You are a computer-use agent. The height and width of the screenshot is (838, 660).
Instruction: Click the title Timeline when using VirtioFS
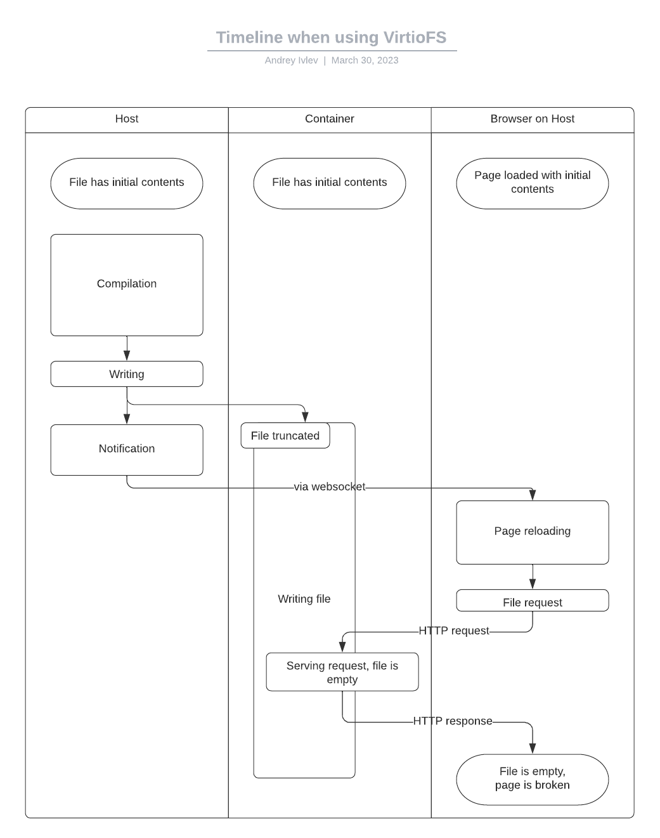331,37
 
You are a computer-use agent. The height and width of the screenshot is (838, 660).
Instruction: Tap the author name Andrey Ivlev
291,60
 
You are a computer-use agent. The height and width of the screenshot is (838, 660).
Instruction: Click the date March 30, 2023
365,60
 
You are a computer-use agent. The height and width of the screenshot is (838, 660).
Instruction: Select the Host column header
127,119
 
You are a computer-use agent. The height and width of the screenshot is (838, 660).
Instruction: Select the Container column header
330,119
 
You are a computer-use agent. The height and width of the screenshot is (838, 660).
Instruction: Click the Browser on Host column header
533,119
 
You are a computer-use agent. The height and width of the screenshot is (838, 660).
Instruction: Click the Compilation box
127,284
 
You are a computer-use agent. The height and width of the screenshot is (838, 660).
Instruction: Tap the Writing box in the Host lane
127,374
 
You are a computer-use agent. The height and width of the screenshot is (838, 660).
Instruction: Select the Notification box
127,449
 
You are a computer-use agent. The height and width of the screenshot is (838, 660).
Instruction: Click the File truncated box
285,436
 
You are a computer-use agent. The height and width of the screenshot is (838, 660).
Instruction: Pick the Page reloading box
533,532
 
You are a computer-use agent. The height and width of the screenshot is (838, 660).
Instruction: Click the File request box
533,601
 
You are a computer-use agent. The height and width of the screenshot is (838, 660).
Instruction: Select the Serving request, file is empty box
342,672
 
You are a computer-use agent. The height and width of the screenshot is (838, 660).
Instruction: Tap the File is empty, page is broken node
533,779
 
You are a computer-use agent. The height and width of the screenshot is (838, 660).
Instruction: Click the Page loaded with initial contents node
533,183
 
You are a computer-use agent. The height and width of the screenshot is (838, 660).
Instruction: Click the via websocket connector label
330,487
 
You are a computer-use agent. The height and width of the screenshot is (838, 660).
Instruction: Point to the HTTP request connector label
454,631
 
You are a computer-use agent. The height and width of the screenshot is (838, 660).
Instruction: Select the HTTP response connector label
453,721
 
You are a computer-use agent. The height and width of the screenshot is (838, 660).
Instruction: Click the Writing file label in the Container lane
304,599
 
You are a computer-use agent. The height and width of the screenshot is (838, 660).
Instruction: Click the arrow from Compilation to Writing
127,348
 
